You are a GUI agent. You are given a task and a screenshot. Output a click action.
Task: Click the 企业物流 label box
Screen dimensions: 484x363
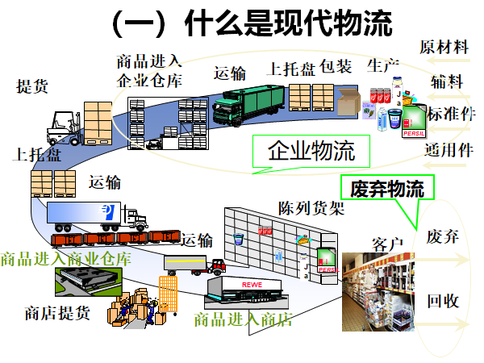[x=311, y=150]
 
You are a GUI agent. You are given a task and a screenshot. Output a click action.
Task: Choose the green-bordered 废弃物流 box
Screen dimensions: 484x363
[x=386, y=189]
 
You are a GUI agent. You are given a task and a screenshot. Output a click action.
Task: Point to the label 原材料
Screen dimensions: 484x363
[x=444, y=47]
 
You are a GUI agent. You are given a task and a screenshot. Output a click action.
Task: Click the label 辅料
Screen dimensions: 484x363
[x=445, y=81]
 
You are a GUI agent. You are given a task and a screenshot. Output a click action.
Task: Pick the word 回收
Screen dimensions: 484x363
[x=443, y=301]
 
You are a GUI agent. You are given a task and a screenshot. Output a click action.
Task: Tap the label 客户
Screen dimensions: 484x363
[x=387, y=243]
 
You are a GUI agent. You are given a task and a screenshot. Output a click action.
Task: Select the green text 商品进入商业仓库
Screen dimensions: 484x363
[x=65, y=259]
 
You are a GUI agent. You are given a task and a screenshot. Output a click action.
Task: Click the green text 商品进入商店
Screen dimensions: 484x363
[x=242, y=319]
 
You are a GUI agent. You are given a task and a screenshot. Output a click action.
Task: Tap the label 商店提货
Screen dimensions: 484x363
[x=57, y=312]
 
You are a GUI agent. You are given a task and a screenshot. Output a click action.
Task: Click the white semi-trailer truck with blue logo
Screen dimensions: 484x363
[x=95, y=215]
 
